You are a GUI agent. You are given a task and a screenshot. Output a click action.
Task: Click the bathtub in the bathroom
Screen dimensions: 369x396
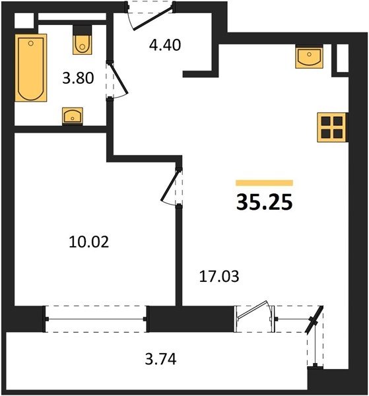coord(31,68)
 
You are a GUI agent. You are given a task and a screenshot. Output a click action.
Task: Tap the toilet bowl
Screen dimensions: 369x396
coord(83,45)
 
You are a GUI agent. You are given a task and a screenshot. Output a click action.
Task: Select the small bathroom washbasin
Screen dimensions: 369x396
coord(73,116)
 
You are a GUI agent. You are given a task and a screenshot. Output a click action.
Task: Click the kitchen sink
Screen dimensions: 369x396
coord(309,57)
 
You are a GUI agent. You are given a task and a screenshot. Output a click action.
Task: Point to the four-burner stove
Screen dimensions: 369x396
coord(332,127)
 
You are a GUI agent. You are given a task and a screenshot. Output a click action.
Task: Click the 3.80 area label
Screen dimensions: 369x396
coord(78,78)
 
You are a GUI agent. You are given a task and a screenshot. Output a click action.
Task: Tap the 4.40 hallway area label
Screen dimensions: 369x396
coord(165,46)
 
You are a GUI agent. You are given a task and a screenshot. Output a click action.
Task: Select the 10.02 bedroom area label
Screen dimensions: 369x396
coord(88,242)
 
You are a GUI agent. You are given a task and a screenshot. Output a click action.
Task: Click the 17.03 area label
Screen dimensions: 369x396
coord(219,277)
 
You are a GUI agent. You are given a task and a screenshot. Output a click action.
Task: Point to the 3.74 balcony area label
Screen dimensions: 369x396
coord(160,359)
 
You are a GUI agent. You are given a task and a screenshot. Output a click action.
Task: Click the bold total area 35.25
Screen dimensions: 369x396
coord(264,203)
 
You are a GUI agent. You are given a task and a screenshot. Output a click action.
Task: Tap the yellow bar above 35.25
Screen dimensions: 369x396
coord(264,183)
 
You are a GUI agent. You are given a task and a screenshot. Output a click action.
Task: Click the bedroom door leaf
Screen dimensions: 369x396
coord(170,185)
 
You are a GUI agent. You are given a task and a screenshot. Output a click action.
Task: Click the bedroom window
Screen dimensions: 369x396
coord(96,319)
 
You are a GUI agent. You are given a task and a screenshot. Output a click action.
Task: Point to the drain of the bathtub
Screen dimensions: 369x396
coord(31,44)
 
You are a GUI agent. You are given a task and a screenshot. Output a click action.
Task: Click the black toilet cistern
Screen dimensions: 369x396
coord(82,30)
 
